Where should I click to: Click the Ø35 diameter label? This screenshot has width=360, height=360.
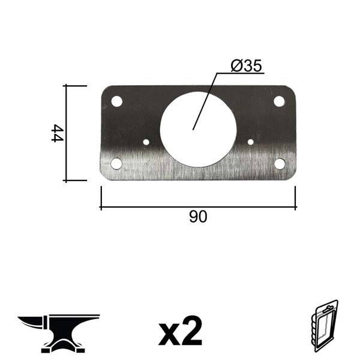246,66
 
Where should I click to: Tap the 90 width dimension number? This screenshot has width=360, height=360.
198,217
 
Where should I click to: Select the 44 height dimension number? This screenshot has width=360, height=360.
57,133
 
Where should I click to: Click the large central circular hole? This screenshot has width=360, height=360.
198,129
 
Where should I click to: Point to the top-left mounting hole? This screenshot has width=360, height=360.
116,101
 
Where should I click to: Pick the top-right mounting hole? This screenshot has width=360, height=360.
279,101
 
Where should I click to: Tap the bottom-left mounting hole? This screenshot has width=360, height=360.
116,163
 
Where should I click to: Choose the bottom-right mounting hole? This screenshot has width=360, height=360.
280,164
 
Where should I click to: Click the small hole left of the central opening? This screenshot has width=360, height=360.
146,142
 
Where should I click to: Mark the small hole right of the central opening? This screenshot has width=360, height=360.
250,142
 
